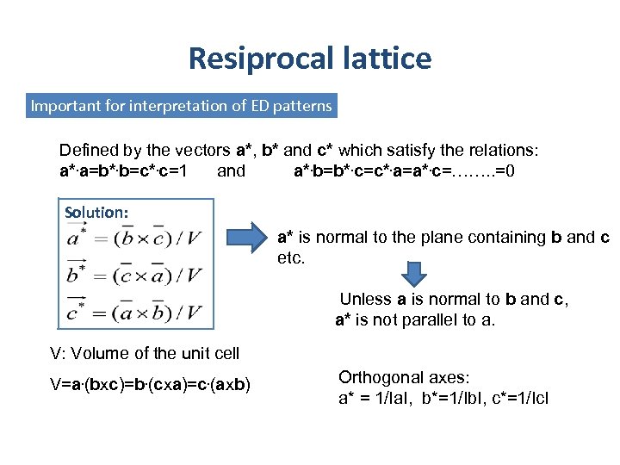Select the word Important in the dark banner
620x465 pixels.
(x=65, y=106)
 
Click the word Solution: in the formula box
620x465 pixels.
(x=96, y=212)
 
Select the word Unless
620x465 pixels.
(x=365, y=300)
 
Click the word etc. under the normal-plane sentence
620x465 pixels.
(x=291, y=257)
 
